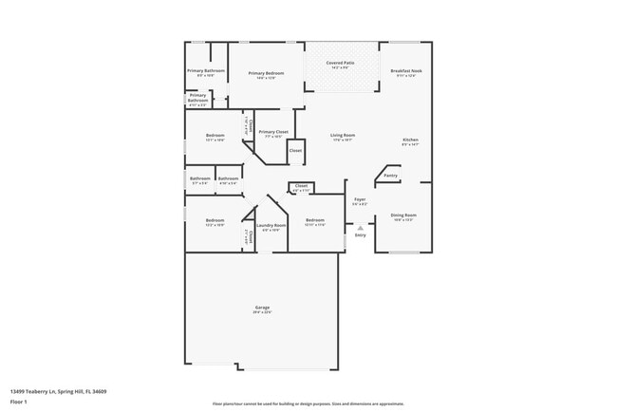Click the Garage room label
(262, 307)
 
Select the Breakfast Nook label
(406, 71)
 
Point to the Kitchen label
(410, 140)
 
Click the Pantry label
(390, 176)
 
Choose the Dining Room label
(404, 215)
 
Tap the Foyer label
(360, 199)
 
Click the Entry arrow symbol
(361, 228)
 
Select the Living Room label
(343, 136)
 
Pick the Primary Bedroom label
(267, 73)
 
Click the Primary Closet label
(273, 132)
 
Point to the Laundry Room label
(271, 225)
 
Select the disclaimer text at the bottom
(308, 403)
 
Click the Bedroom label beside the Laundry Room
(315, 220)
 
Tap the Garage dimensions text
(262, 311)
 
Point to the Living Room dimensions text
(343, 140)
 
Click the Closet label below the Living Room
(301, 185)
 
